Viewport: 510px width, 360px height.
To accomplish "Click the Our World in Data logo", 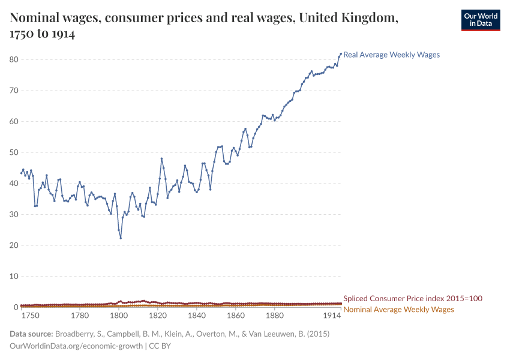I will point(480,20).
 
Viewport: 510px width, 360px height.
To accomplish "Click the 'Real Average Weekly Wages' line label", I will point(391,55).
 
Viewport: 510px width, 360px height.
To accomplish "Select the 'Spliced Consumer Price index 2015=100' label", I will point(412,298).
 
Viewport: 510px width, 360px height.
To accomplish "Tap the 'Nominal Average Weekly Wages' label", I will point(398,310).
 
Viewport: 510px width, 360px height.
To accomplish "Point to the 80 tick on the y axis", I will point(14,59).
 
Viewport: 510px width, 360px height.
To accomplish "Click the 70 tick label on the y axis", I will point(14,91).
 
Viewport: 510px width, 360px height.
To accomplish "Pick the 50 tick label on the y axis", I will point(14,152).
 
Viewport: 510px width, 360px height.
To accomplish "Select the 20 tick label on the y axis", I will point(14,245).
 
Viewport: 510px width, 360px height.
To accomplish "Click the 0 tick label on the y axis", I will point(16,307).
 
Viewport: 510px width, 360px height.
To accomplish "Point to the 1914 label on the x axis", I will point(332,316).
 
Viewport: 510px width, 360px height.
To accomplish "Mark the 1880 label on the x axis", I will point(275,316).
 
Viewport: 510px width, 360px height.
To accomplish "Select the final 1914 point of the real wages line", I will point(341,53).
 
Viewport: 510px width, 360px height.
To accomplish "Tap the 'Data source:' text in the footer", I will point(32,334).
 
